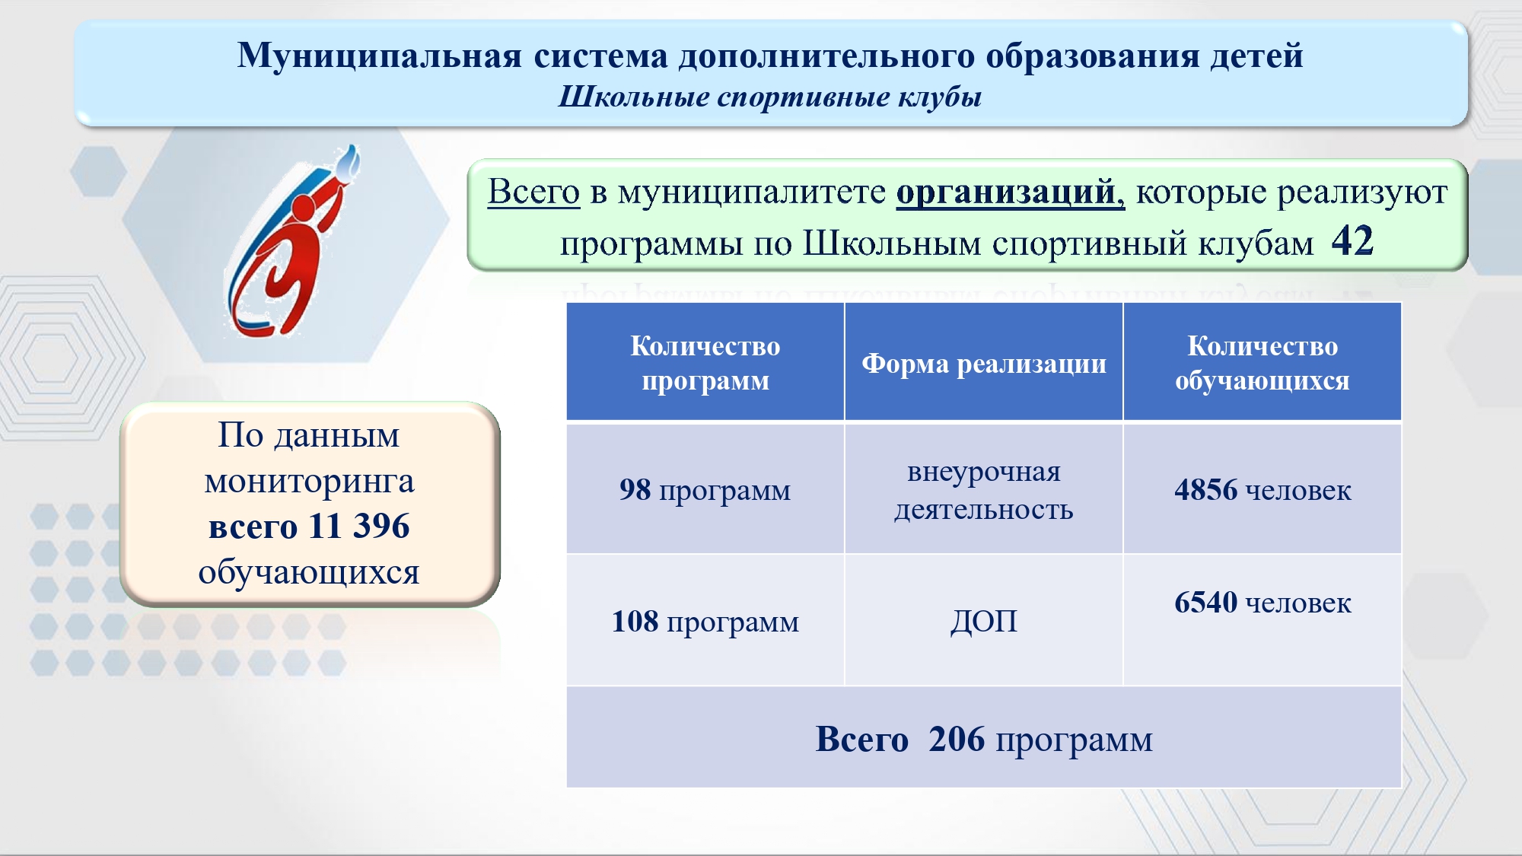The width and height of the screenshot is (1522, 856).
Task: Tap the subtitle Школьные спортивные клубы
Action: [x=770, y=97]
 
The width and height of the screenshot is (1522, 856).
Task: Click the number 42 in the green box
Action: [x=1352, y=241]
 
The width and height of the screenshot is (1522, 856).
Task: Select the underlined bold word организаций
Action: [x=1010, y=192]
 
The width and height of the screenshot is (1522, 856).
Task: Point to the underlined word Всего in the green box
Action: [x=533, y=191]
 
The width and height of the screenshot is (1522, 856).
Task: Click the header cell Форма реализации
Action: [x=984, y=362]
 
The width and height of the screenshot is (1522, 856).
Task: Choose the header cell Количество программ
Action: [x=705, y=362]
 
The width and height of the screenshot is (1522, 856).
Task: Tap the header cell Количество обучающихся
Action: [x=1262, y=362]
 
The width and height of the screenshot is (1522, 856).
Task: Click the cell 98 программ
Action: [x=705, y=489]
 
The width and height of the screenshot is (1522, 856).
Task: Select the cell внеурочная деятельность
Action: [x=984, y=489]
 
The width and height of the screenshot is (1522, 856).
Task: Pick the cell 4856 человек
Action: [x=1262, y=489]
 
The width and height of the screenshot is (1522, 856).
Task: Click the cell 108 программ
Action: [x=705, y=621]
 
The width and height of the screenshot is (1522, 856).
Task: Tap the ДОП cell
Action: [x=984, y=621]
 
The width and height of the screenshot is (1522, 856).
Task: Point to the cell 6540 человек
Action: [x=1262, y=621]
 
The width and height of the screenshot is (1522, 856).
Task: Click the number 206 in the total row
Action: [x=957, y=739]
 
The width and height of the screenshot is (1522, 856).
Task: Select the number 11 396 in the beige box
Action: [x=359, y=526]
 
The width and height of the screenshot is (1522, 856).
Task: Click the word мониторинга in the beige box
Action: [x=309, y=482]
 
